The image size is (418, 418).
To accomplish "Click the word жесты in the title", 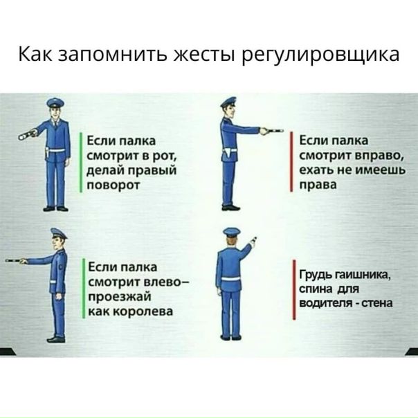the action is point(205,55).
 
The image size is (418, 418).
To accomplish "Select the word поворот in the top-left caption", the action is point(113,185).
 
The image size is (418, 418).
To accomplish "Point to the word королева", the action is point(144,311).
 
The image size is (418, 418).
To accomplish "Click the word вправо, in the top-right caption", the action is point(380,156).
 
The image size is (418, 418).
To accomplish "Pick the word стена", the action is point(377,303).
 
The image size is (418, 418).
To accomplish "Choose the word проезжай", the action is point(120,297).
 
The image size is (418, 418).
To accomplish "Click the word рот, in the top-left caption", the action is point(165,156).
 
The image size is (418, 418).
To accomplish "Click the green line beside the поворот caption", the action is point(81,163).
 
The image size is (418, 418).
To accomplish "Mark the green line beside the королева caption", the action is point(84,289).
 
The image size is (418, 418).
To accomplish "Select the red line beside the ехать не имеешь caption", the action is point(291,162).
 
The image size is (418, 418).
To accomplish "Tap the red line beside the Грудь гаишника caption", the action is point(294,290).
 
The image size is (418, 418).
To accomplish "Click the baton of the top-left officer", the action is point(27,134).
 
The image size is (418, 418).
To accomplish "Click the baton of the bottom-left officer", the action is point(15,261).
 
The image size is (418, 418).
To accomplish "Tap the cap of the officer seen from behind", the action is point(232,232).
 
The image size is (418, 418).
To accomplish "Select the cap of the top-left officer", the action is point(55,102).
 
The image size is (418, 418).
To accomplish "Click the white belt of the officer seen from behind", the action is point(232,279).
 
